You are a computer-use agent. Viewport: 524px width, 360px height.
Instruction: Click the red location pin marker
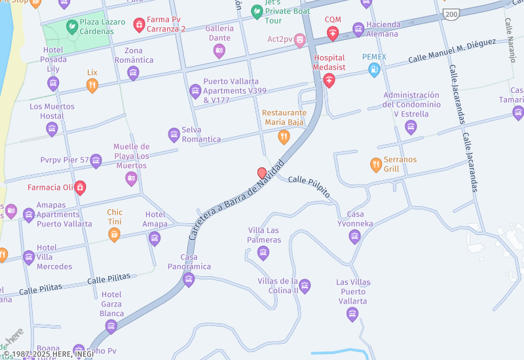(x=262, y=173)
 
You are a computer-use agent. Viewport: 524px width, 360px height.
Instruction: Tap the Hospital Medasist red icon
(x=329, y=81)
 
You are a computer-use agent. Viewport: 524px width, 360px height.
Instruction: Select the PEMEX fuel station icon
(x=374, y=70)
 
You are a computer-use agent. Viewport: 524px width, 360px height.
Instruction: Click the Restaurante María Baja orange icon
(x=284, y=136)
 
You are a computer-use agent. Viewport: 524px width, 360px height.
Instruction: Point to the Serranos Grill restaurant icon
(x=376, y=164)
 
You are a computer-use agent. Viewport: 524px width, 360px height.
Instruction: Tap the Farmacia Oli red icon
(x=80, y=188)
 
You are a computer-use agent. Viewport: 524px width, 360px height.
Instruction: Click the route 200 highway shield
(x=451, y=14)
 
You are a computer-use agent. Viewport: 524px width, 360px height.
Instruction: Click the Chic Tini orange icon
(x=115, y=234)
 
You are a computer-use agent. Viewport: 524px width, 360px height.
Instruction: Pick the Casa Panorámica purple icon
(x=189, y=280)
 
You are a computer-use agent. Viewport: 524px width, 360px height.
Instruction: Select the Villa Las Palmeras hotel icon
(x=263, y=253)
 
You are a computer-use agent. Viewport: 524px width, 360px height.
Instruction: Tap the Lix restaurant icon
(x=92, y=84)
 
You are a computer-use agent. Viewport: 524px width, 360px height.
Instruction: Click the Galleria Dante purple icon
(x=219, y=50)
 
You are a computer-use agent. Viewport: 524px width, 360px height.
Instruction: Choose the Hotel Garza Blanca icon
(x=112, y=326)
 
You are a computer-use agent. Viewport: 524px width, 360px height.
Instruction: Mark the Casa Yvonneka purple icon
(x=354, y=236)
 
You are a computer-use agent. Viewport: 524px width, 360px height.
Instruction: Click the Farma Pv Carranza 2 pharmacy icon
(x=139, y=25)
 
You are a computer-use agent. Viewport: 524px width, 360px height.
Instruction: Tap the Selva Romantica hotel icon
(x=174, y=135)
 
